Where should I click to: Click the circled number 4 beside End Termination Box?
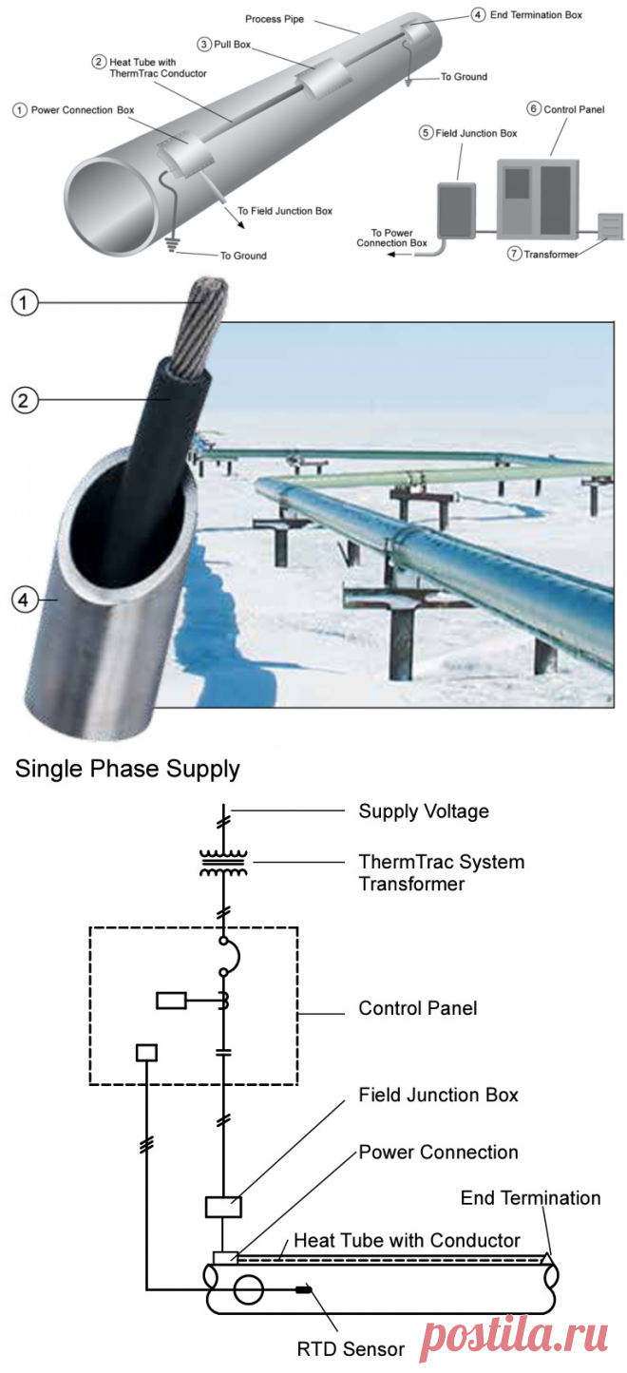pyautogui.click(x=478, y=15)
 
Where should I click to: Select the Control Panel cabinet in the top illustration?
pyautogui.click(x=539, y=198)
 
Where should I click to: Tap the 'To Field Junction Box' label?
pyautogui.click(x=285, y=211)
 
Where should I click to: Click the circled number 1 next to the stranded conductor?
pyautogui.click(x=26, y=304)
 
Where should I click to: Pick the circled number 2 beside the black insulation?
pyautogui.click(x=26, y=400)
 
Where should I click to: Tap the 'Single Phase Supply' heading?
pyautogui.click(x=127, y=769)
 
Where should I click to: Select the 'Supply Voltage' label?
pyautogui.click(x=424, y=811)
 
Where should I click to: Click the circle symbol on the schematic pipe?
pyautogui.click(x=249, y=1289)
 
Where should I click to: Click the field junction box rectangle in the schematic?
pyautogui.click(x=223, y=1207)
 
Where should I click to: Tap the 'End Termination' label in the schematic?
pyautogui.click(x=530, y=1198)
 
